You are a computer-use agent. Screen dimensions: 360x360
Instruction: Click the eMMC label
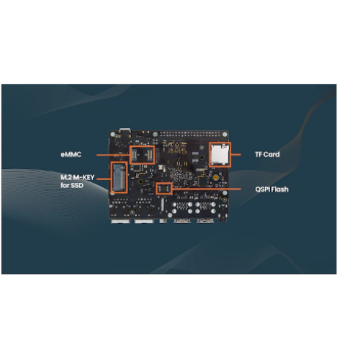(71, 154)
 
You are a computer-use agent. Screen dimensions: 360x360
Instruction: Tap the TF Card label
(267, 154)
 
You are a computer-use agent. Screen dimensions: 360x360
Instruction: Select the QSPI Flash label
(271, 189)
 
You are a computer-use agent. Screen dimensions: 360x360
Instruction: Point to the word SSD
(77, 185)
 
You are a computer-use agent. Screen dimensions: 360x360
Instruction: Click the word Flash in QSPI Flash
(280, 189)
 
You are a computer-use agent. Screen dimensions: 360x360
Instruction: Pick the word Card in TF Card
(273, 154)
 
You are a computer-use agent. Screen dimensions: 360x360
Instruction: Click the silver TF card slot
(220, 154)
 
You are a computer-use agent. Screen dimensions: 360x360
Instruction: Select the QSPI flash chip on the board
(164, 189)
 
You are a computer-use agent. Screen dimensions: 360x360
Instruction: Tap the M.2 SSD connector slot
(120, 177)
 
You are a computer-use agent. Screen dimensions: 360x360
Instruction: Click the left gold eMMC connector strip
(134, 155)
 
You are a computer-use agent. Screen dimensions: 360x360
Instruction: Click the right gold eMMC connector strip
(150, 155)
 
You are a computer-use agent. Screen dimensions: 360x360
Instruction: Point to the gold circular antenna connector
(215, 178)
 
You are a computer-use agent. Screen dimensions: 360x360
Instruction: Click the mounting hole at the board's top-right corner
(225, 134)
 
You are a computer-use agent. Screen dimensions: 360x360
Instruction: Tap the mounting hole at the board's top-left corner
(112, 134)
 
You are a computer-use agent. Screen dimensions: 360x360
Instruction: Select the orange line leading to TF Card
(235, 155)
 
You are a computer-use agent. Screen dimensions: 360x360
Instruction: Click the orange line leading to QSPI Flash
(207, 189)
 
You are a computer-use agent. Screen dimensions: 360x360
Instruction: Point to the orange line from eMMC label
(113, 155)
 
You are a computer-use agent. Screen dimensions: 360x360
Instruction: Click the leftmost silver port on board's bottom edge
(120, 221)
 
